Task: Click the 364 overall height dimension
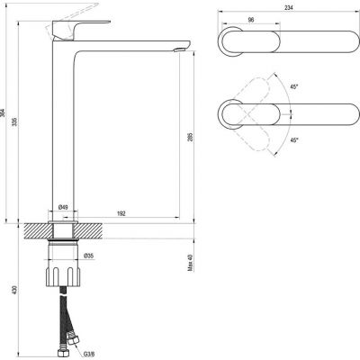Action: click(3, 112)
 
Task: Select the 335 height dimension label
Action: click(14, 121)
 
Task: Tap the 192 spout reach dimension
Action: click(121, 213)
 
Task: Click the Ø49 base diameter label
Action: click(63, 207)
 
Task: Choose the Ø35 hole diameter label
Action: click(89, 256)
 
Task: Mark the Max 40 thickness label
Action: click(191, 263)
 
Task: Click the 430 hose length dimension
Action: click(15, 290)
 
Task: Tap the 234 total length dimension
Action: click(288, 8)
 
